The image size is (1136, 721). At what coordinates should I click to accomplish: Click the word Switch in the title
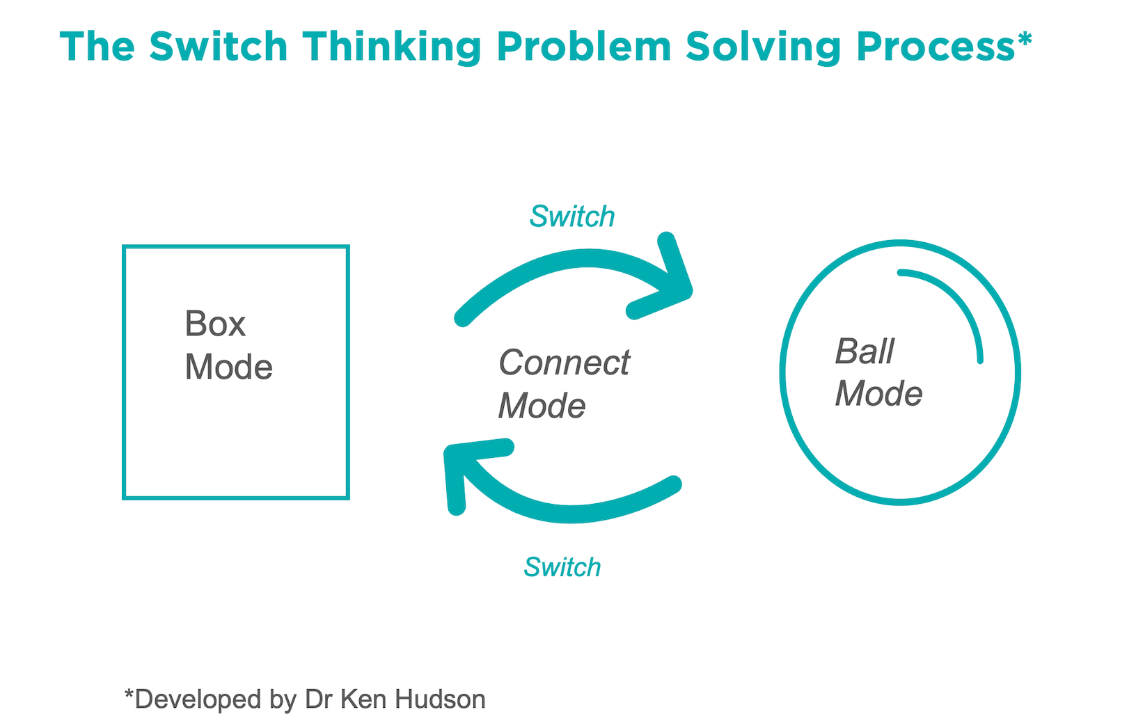pyautogui.click(x=219, y=47)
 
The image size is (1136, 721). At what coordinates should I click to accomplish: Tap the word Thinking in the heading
pyautogui.click(x=391, y=47)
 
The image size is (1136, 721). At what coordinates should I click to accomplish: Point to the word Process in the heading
pyautogui.click(x=936, y=47)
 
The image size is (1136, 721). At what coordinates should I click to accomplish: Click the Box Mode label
pyautogui.click(x=228, y=345)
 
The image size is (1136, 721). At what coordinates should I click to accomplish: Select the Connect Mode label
pyautogui.click(x=564, y=383)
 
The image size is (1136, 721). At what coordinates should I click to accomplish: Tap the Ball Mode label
pyautogui.click(x=878, y=372)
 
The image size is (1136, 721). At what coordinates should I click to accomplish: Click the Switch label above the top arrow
pyautogui.click(x=572, y=216)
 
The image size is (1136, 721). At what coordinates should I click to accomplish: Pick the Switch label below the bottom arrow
pyautogui.click(x=562, y=567)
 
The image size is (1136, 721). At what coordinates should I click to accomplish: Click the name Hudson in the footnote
pyautogui.click(x=440, y=699)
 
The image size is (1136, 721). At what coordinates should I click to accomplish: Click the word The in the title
pyautogui.click(x=97, y=47)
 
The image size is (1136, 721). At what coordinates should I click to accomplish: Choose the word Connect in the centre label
pyautogui.click(x=564, y=363)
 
